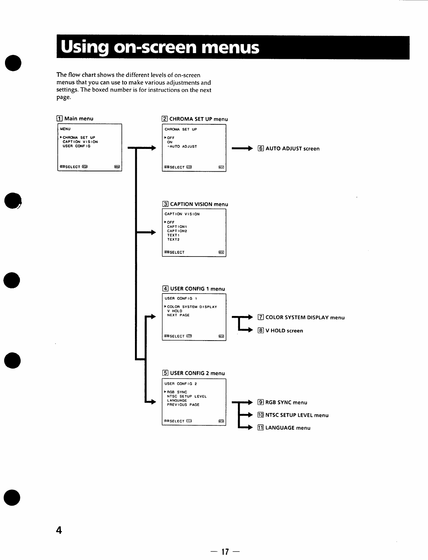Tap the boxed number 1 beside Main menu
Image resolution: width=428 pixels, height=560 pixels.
click(x=59, y=119)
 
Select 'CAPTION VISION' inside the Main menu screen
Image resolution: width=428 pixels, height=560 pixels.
click(x=80, y=142)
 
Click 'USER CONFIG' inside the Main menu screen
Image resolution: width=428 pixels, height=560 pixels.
click(x=77, y=146)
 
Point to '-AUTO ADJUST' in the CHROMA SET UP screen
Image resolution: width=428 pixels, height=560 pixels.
click(x=182, y=146)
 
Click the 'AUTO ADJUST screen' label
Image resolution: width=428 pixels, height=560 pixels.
click(x=292, y=149)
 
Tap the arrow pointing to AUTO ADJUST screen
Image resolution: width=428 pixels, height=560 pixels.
click(x=242, y=149)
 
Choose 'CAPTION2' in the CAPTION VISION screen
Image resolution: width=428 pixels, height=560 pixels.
click(x=177, y=231)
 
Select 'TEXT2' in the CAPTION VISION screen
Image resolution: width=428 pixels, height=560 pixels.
click(x=173, y=239)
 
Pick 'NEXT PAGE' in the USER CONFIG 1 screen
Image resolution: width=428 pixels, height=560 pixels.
click(x=178, y=315)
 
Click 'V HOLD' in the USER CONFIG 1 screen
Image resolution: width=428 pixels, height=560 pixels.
click(x=175, y=311)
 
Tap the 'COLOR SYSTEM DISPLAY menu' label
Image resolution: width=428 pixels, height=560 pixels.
click(x=305, y=317)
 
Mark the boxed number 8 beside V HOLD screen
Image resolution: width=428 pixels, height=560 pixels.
click(x=261, y=331)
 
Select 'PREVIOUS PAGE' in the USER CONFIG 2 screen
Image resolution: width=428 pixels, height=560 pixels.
click(x=183, y=405)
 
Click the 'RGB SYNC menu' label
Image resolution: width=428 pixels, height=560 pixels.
click(x=286, y=403)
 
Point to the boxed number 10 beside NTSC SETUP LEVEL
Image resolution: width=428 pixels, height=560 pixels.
click(x=260, y=415)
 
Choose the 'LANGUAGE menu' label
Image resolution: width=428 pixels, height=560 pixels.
click(x=288, y=428)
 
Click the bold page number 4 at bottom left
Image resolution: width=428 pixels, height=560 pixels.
click(x=59, y=530)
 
